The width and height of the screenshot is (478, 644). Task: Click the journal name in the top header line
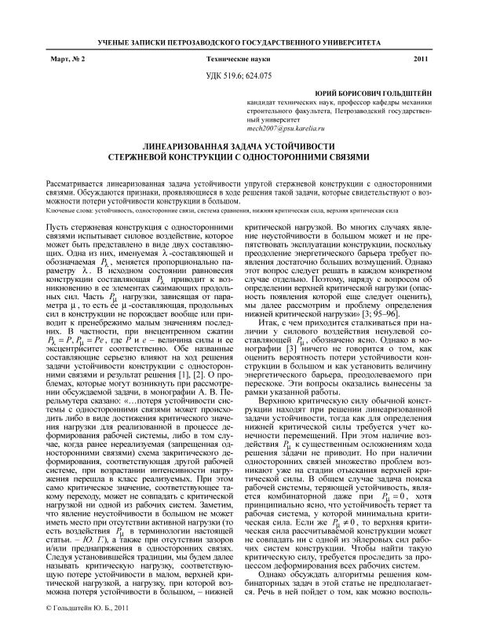pos(239,40)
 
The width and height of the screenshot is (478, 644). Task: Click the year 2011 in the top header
pos(419,59)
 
